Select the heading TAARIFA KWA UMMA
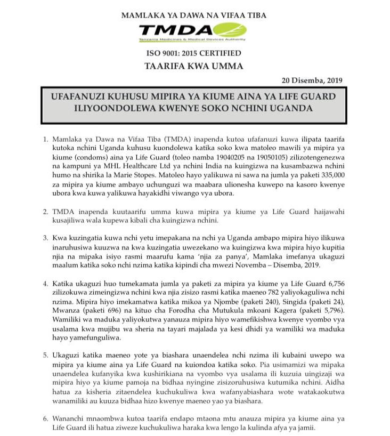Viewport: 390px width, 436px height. coord(194,66)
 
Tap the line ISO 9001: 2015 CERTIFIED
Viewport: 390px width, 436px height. coord(194,53)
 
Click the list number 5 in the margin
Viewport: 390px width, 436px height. coord(46,354)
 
